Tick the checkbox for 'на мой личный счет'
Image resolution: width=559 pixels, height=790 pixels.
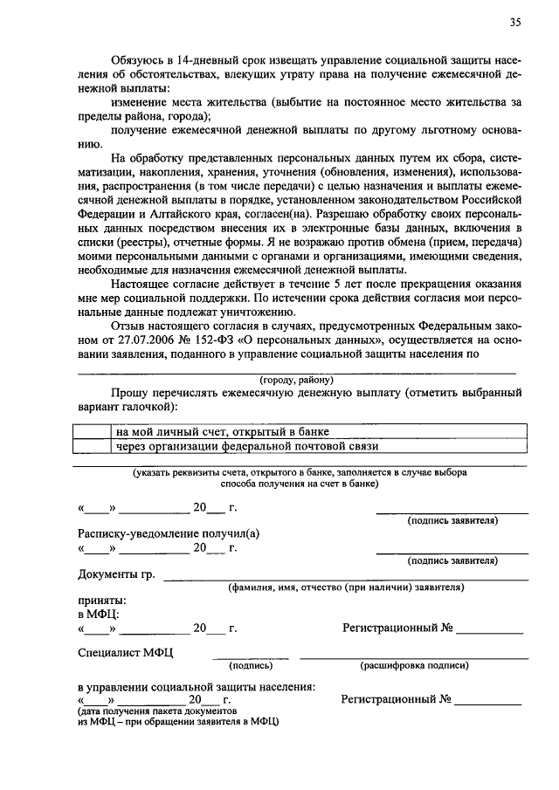(93, 431)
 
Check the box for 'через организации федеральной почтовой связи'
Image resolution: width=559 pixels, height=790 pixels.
(93, 446)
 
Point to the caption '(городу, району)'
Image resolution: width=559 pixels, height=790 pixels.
(296, 379)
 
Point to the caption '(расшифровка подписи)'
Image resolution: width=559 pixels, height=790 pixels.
(414, 665)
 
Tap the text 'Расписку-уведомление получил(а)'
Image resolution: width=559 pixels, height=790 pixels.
(168, 533)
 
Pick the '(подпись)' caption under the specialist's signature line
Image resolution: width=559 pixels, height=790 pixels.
(250, 665)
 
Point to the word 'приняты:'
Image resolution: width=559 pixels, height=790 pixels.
(100, 601)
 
